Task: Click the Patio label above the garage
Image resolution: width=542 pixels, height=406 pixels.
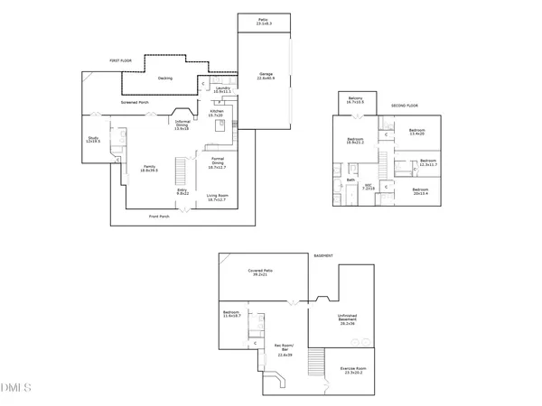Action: point(264,22)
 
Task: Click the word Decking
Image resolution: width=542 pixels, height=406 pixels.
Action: point(164,78)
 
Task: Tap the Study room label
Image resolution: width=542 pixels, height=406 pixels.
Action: point(92,140)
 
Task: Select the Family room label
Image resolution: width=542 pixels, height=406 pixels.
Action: point(150,169)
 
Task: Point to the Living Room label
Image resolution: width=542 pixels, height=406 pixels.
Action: point(217,197)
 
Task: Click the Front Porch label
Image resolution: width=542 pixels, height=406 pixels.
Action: point(161,217)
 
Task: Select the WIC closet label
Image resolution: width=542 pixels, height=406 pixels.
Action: point(369,187)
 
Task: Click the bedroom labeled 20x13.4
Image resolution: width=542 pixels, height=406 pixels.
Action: point(421,190)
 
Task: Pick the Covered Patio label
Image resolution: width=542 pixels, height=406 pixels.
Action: point(261,272)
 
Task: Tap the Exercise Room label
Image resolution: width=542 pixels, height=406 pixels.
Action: point(353,370)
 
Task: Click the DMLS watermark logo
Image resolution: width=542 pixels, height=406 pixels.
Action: point(15,388)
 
